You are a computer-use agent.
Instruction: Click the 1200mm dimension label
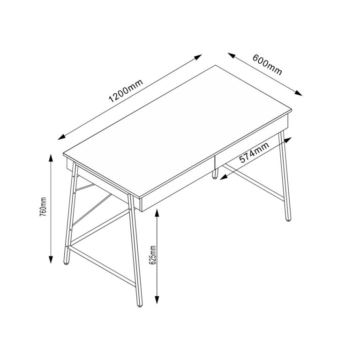(125, 91)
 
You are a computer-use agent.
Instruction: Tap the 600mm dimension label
(267, 65)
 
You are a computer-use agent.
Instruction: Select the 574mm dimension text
(254, 153)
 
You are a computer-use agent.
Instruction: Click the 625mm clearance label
(151, 255)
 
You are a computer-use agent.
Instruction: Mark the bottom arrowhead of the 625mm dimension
(158, 301)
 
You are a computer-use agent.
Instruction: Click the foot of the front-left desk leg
(66, 263)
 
